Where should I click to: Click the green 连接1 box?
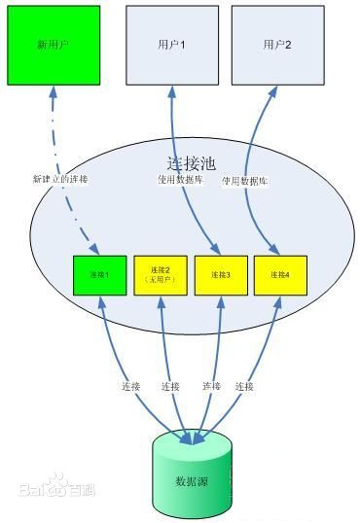[99, 275]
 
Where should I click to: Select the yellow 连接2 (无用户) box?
[159, 274]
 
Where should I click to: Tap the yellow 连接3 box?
[219, 275]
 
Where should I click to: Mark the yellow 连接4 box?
[278, 275]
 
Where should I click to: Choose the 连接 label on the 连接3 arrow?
[210, 387]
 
